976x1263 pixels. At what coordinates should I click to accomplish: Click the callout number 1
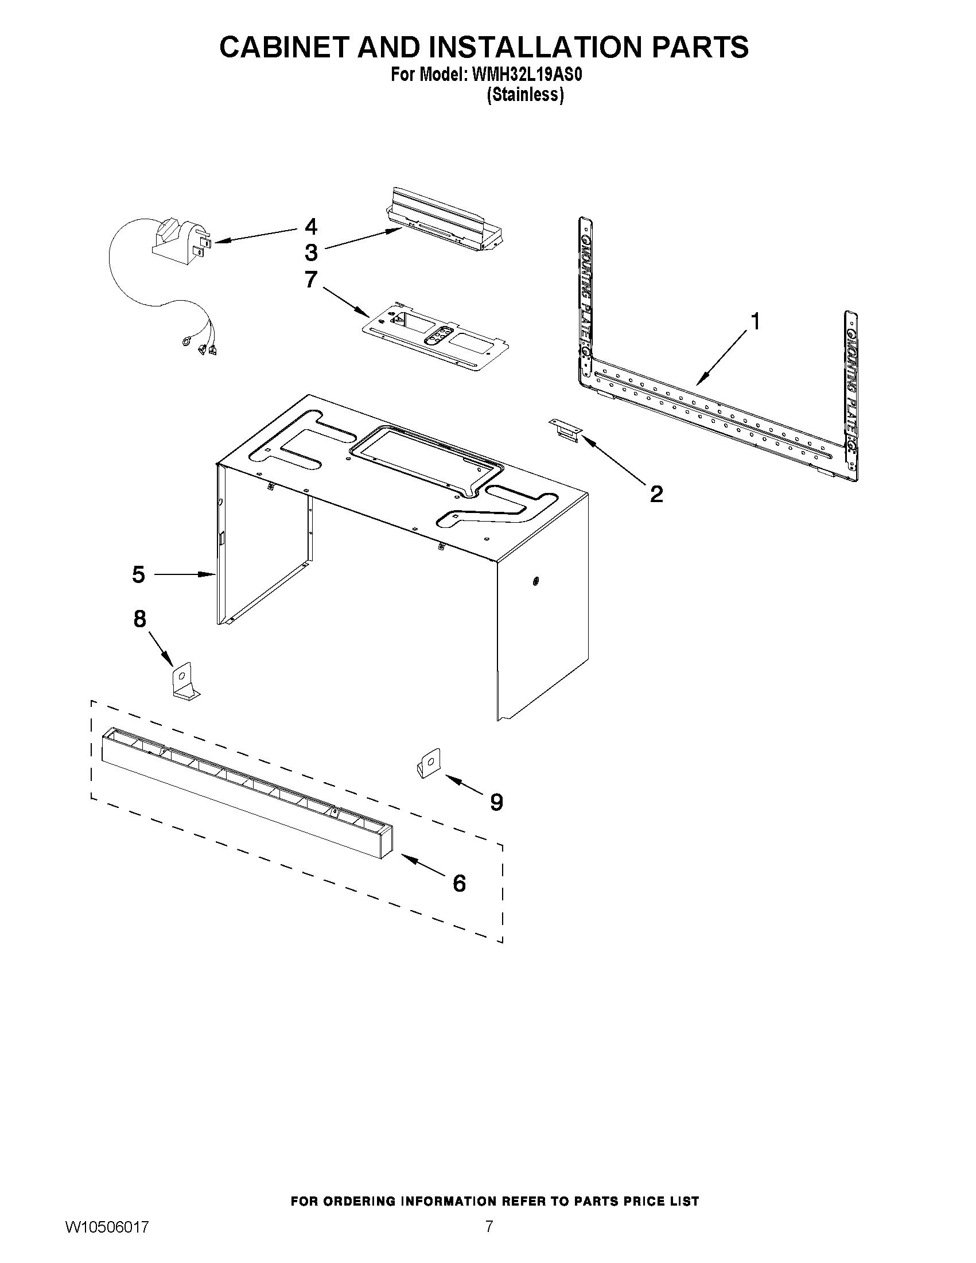tap(754, 321)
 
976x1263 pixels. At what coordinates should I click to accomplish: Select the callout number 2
tap(656, 494)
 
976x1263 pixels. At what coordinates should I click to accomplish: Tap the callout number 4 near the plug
tap(311, 226)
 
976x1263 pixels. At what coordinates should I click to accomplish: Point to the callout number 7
tap(311, 280)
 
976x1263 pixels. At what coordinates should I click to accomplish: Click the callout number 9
tap(496, 802)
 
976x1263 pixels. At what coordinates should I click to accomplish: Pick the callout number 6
tap(459, 883)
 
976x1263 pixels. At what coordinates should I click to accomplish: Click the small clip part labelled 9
tap(429, 763)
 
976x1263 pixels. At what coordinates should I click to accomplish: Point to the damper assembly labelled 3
tap(445, 220)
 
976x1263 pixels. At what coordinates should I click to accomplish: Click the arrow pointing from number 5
tap(182, 574)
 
